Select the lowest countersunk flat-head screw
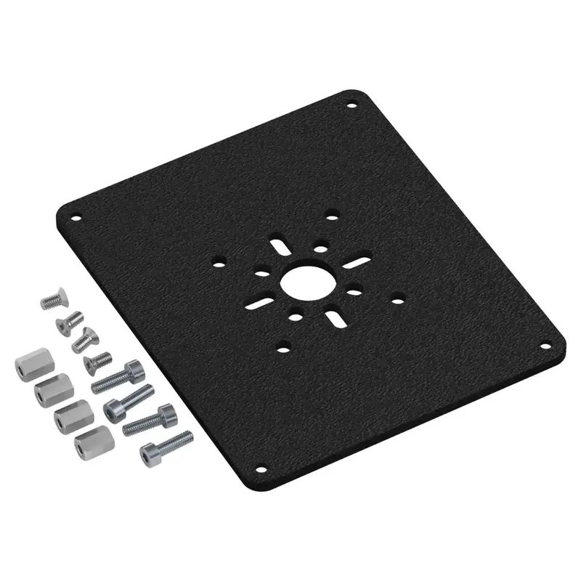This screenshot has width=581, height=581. (x=96, y=359)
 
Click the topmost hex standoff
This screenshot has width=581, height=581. (x=28, y=365)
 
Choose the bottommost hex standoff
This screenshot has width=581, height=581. (x=89, y=440)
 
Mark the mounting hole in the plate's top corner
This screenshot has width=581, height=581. (x=352, y=106)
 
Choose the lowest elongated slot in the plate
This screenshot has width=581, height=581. (x=336, y=317)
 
